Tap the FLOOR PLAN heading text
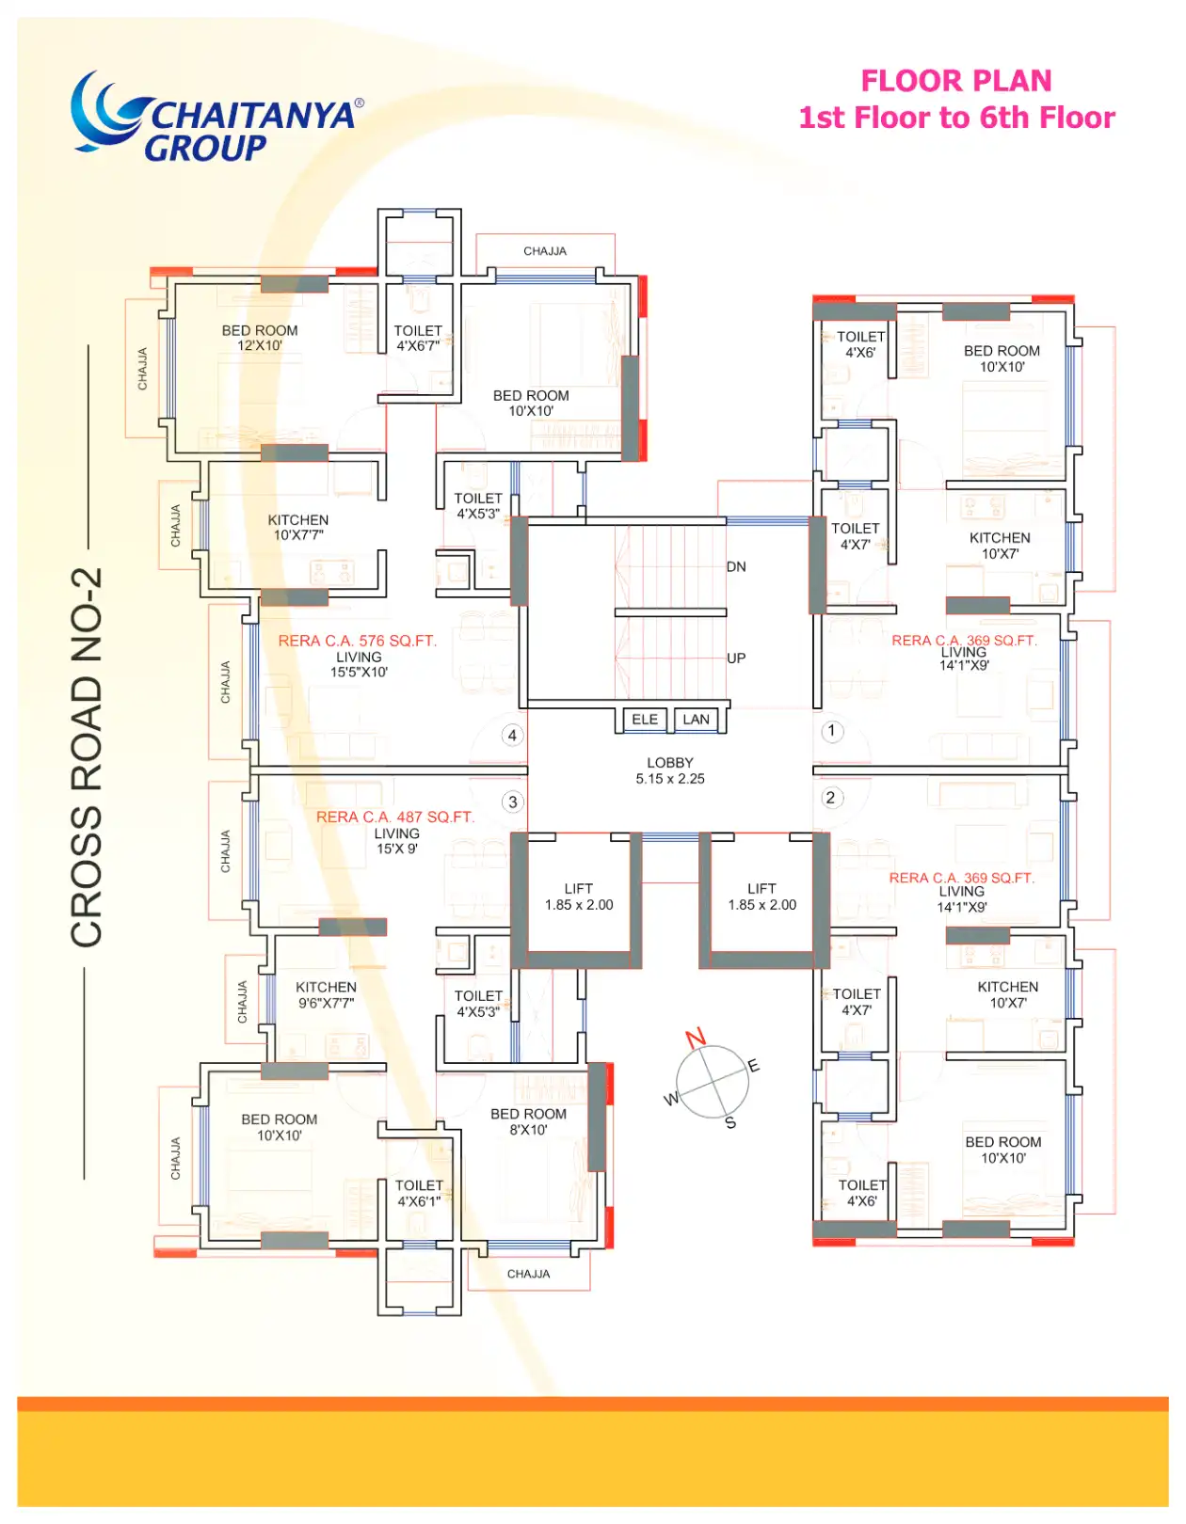click(955, 81)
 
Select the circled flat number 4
click(512, 736)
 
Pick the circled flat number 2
click(831, 798)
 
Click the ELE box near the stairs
click(644, 720)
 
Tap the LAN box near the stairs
click(696, 720)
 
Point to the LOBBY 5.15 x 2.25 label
click(670, 770)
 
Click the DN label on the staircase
click(736, 566)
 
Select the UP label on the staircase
click(736, 658)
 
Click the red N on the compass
click(696, 1038)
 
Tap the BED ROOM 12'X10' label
click(260, 338)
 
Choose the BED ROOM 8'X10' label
click(528, 1121)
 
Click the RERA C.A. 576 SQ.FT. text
click(357, 641)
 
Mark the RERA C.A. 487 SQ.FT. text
click(395, 818)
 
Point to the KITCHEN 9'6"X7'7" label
click(326, 994)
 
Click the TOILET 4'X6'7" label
click(418, 338)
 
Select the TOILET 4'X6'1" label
click(419, 1193)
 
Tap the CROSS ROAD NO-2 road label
click(87, 757)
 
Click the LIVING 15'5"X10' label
click(359, 664)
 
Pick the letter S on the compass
click(730, 1123)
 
